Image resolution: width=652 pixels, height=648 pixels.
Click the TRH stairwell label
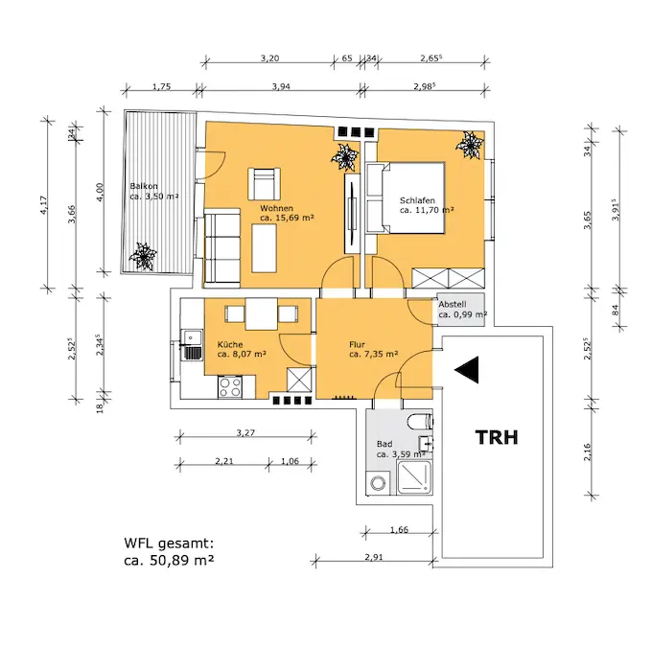497,438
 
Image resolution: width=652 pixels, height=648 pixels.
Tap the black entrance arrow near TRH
467,370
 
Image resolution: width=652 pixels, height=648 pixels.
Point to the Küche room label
230,345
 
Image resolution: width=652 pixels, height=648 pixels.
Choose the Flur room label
359,345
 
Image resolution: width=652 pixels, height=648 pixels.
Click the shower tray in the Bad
414,474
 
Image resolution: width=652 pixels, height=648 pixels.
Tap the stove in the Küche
231,387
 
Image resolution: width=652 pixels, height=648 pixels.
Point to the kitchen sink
193,342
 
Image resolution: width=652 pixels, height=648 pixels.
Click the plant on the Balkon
143,257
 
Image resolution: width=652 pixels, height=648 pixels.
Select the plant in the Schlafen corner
471,146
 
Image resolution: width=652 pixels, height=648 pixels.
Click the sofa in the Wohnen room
222,247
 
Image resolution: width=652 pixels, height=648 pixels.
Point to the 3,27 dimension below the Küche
247,432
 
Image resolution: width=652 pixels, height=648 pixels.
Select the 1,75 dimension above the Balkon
161,87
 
